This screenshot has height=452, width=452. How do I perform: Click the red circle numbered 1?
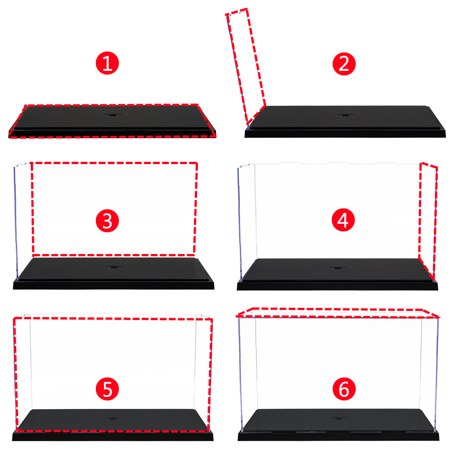pyautogui.click(x=107, y=63)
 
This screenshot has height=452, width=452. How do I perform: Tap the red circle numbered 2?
pyautogui.click(x=344, y=64)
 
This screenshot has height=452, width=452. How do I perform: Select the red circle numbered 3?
pyautogui.click(x=107, y=221)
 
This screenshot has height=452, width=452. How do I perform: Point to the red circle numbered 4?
pyautogui.click(x=343, y=220)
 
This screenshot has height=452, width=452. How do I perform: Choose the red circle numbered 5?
pyautogui.click(x=107, y=389)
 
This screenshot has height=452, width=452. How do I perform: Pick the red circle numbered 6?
pyautogui.click(x=344, y=389)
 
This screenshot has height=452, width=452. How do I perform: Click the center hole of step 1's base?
pyautogui.click(x=113, y=115)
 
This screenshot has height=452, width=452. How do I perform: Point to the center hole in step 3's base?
pyautogui.click(x=114, y=268)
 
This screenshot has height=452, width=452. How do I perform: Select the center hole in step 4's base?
pyautogui.click(x=337, y=268)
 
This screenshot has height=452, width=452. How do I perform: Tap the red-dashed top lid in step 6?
pyautogui.click(x=337, y=313)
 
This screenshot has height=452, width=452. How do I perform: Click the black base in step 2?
pyautogui.click(x=345, y=121)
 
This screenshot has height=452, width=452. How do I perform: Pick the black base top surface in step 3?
pyautogui.click(x=113, y=268)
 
